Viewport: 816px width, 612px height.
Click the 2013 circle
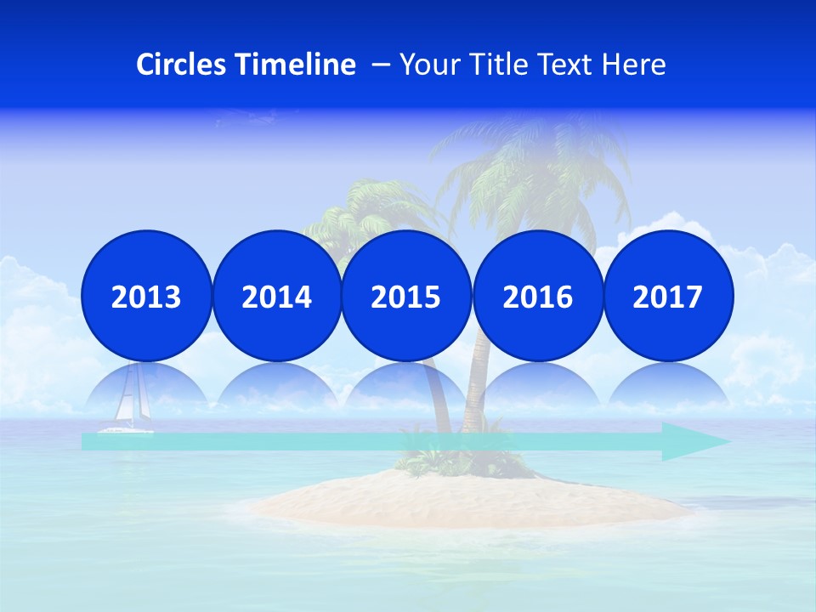146,296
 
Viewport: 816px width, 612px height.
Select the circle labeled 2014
276,296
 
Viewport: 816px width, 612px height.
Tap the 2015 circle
406,296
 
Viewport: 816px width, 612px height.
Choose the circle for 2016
537,296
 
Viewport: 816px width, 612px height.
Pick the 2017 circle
667,296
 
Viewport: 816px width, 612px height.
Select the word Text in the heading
569,65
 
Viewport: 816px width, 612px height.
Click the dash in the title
381,65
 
